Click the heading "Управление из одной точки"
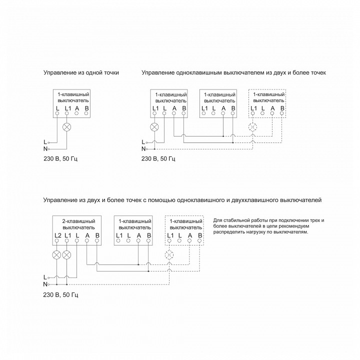[x=81, y=73]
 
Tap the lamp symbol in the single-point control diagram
[x=67, y=127]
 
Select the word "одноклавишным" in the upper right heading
[x=200, y=73]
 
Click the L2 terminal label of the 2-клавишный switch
[x=57, y=235]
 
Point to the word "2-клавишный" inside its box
[x=77, y=220]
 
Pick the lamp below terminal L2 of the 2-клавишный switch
[x=57, y=255]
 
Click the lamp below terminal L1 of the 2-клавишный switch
[x=67, y=255]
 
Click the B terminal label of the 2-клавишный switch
[x=97, y=235]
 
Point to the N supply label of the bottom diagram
[x=45, y=284]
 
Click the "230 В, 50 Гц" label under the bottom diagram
[x=61, y=294]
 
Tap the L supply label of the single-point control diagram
[x=45, y=142]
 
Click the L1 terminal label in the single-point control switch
[x=67, y=108]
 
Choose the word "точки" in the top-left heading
[x=110, y=73]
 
